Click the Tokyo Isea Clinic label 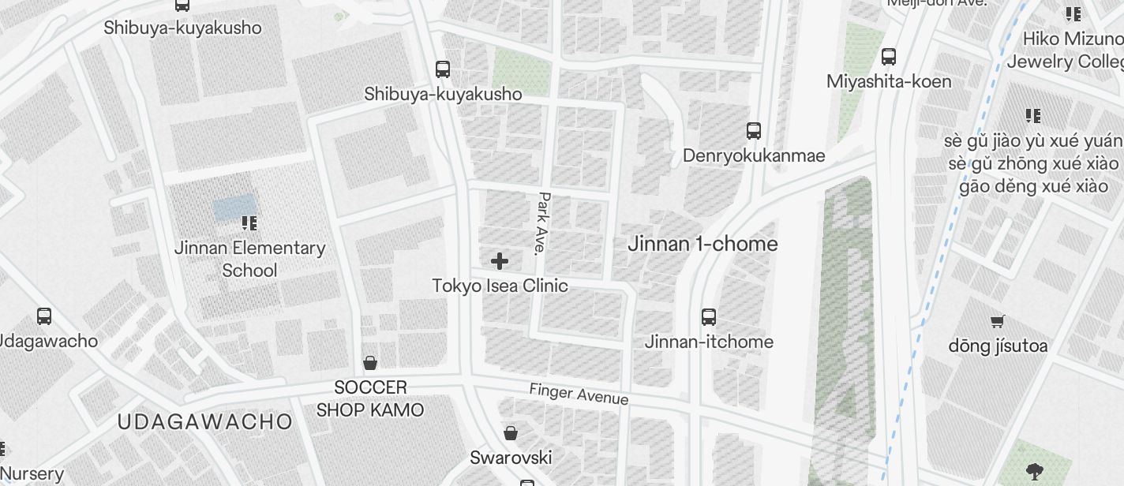pyautogui.click(x=500, y=286)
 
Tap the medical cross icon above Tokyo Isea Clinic pyautogui.click(x=500, y=261)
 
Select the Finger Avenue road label pyautogui.click(x=579, y=394)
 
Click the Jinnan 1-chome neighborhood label pyautogui.click(x=702, y=244)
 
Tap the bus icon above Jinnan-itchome pyautogui.click(x=709, y=317)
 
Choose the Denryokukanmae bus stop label pyautogui.click(x=754, y=155)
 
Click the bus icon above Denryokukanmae pyautogui.click(x=754, y=131)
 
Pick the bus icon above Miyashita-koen pyautogui.click(x=889, y=57)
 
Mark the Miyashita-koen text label pyautogui.click(x=889, y=81)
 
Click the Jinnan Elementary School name pyautogui.click(x=249, y=259)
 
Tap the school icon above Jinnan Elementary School pyautogui.click(x=249, y=224)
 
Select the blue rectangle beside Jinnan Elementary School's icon pyautogui.click(x=234, y=207)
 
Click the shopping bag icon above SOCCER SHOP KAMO pyautogui.click(x=369, y=363)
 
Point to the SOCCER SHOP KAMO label pyautogui.click(x=370, y=398)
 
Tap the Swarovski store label pyautogui.click(x=511, y=458)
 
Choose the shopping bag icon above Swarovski pyautogui.click(x=511, y=433)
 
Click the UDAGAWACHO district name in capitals pyautogui.click(x=204, y=421)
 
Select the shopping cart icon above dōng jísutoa pyautogui.click(x=998, y=321)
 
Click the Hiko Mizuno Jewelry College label pyautogui.click(x=1072, y=50)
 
